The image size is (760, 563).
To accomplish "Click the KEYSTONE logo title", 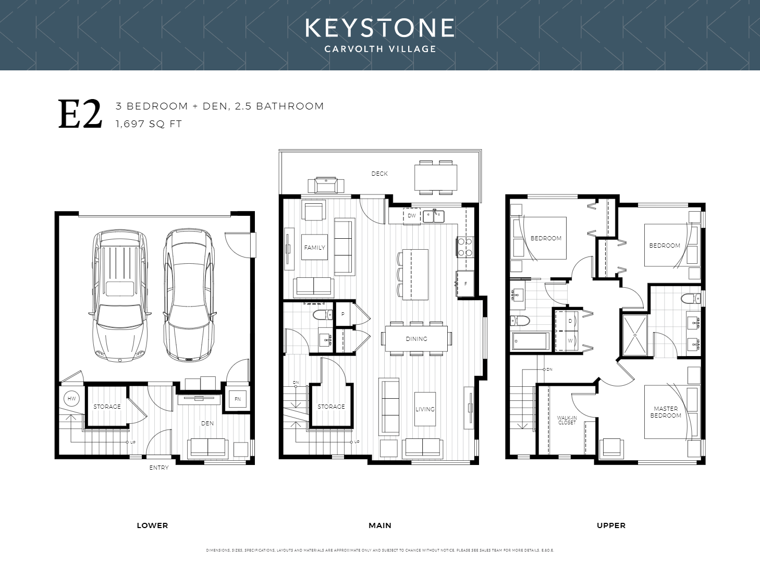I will coord(379,28).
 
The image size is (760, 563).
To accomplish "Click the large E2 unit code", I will coord(80,115).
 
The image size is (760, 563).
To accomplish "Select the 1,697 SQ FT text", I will coord(149,124).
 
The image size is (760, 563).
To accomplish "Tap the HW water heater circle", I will coord(71,399).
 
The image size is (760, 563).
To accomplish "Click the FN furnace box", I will coord(238,399).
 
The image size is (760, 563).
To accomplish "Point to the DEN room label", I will coord(207,423).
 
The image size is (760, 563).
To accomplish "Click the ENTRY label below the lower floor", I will coord(159,468).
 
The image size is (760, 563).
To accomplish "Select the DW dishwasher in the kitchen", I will coord(412,215).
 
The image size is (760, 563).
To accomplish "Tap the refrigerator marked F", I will coord(465,284).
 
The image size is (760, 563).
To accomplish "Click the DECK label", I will coord(379,174).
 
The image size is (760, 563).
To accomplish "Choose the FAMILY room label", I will coord(315,248).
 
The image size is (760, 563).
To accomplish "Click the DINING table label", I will coord(416,339).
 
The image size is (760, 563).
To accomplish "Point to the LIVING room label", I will coord(425,409).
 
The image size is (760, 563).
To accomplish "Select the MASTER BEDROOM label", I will coord(666,412).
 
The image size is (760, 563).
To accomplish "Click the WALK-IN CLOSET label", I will coord(567,420).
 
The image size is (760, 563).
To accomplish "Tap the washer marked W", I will coord(570,341).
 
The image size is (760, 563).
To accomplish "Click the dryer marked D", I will coord(570,321).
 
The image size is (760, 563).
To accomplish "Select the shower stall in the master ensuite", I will coord(635,335).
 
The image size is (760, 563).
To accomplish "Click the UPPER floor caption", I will coord(611,525).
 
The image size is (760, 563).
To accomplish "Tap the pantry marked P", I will coord(342,314).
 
